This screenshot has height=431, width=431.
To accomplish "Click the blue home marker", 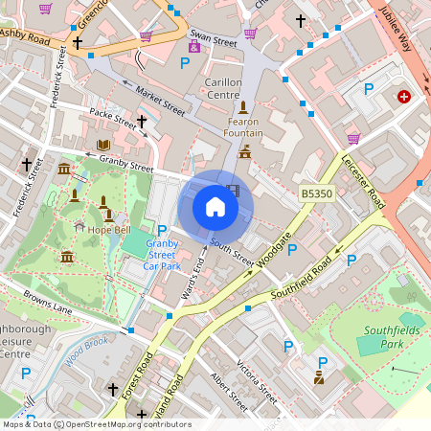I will (215, 207).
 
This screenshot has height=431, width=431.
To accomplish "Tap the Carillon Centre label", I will (223, 89).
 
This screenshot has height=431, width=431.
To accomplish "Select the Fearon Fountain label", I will (243, 127).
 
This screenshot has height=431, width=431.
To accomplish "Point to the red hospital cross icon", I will (404, 97).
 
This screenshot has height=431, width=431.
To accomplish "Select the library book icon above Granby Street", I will (103, 145).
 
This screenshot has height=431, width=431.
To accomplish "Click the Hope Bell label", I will (108, 231).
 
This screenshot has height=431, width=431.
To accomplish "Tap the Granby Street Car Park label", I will (162, 254).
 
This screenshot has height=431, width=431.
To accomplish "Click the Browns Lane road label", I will (48, 303).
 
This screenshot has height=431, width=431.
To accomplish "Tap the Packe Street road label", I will (114, 118).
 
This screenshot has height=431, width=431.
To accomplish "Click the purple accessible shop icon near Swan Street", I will (194, 47).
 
